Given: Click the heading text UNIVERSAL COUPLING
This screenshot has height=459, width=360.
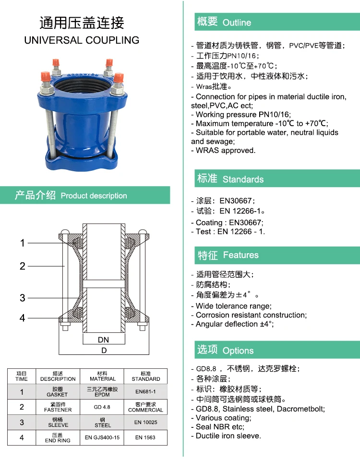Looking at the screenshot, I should (82, 40).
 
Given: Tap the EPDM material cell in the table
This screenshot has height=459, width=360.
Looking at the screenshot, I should (103, 392).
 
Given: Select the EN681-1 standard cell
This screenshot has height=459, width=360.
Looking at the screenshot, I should (145, 392).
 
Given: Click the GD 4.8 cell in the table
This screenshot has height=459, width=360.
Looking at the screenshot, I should (103, 407).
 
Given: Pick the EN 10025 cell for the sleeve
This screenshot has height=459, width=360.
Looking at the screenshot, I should (145, 422).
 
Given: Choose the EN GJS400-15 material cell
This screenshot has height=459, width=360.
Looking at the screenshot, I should (103, 437).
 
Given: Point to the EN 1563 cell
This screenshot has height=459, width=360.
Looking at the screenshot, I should (145, 437).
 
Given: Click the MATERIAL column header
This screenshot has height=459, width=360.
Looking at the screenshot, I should (103, 376).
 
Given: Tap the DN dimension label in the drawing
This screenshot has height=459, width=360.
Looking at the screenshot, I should (103, 340).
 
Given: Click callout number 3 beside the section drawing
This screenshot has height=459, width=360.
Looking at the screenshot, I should (23, 298).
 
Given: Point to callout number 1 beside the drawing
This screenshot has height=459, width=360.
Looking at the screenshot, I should (23, 243).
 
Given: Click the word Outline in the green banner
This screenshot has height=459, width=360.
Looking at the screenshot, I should (237, 23).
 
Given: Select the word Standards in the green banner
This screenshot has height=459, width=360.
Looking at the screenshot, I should (243, 179).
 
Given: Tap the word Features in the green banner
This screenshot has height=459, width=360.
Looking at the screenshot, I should (240, 255).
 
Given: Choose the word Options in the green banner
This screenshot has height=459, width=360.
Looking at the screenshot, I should (238, 351).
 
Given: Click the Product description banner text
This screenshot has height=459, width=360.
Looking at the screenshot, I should (94, 196).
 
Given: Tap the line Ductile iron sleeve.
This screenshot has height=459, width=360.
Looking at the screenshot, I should (228, 436).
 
